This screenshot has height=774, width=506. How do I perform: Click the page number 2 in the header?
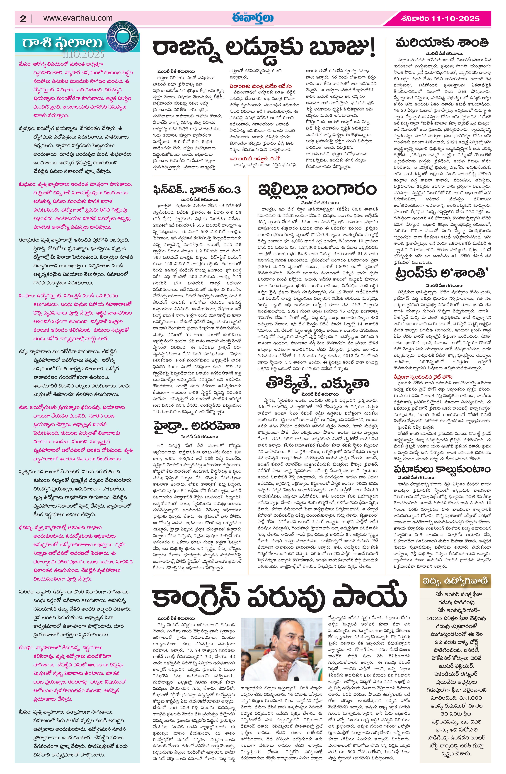[x=23, y=19]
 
